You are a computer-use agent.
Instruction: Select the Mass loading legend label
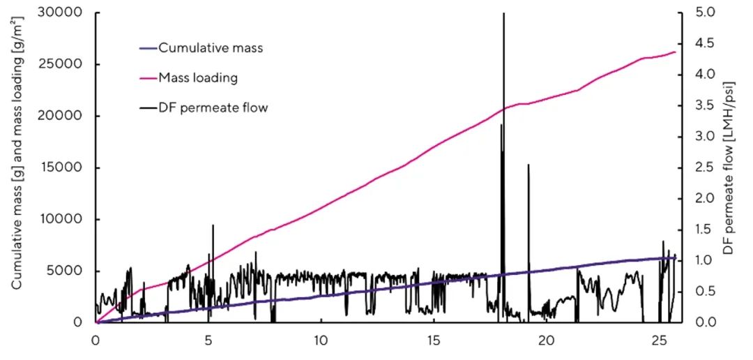pos(197,77)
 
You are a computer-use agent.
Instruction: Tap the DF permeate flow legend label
pos(213,107)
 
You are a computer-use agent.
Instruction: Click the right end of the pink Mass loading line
pos(675,52)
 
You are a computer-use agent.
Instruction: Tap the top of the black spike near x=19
pos(528,165)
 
